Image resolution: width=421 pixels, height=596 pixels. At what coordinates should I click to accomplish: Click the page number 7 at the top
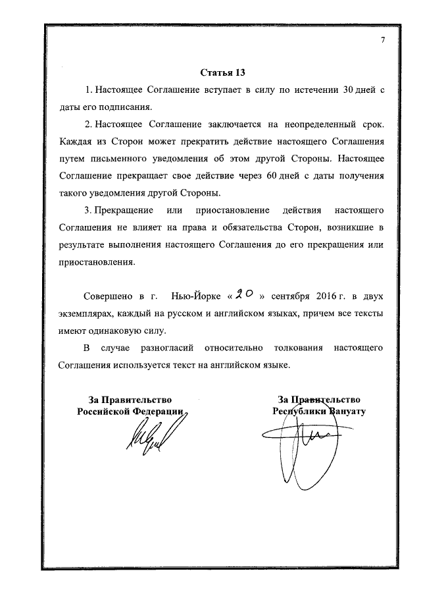pos(382,41)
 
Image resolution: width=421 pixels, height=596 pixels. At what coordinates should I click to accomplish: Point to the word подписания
pos(127,107)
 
